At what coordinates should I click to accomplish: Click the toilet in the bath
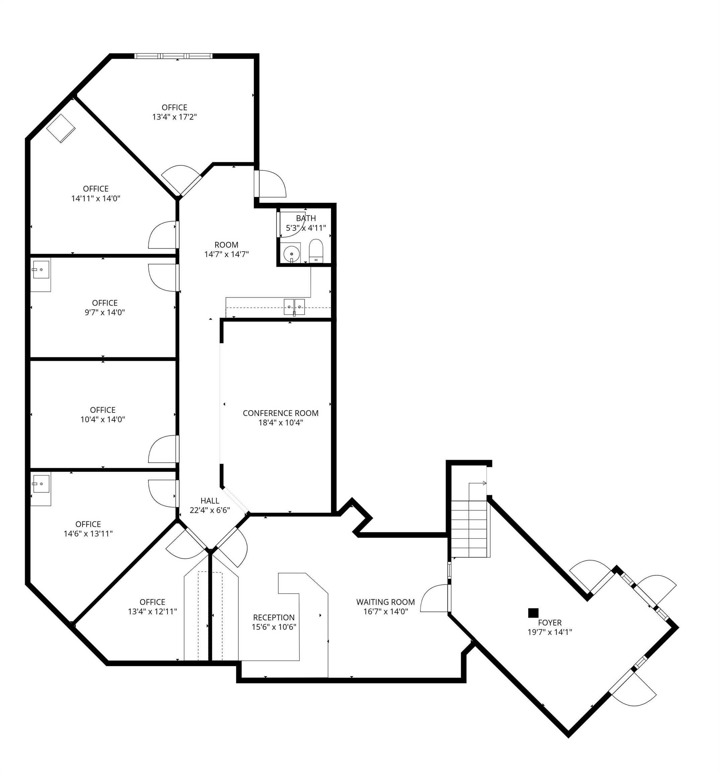click(x=316, y=251)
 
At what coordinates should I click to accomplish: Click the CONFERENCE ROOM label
click(x=281, y=413)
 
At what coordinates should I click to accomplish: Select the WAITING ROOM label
click(x=385, y=602)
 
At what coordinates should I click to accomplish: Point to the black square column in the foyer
click(x=533, y=613)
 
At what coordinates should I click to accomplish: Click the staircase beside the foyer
click(x=469, y=529)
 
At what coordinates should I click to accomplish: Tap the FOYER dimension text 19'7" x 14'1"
click(x=549, y=632)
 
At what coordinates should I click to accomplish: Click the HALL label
click(x=210, y=501)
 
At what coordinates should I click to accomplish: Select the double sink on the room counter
click(x=294, y=307)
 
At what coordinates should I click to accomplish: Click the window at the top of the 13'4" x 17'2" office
click(x=173, y=56)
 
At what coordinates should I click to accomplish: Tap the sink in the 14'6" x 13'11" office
click(x=41, y=484)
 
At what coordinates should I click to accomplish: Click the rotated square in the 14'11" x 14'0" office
click(x=61, y=128)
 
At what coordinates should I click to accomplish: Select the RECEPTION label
click(x=273, y=618)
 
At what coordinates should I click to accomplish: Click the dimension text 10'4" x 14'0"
click(x=102, y=420)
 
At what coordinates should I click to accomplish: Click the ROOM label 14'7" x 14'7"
click(x=226, y=245)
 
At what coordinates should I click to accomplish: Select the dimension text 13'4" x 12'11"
click(x=152, y=612)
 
